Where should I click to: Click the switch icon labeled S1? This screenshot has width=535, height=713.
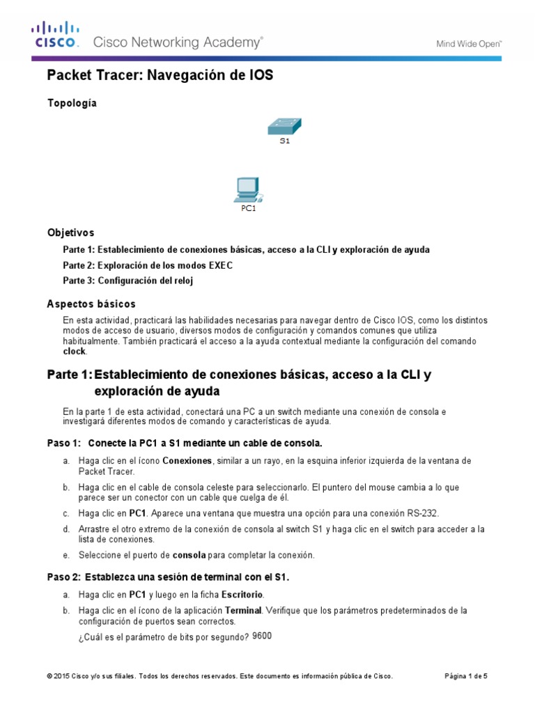click(284, 127)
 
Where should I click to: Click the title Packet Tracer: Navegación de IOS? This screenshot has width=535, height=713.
click(160, 75)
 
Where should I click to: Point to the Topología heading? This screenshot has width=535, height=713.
click(72, 103)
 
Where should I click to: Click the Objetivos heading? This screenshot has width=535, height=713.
click(70, 233)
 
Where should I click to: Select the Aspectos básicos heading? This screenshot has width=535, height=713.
click(91, 304)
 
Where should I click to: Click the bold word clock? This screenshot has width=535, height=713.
click(75, 352)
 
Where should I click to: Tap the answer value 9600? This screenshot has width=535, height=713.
click(262, 636)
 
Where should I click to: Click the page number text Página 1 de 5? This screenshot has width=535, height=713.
click(466, 676)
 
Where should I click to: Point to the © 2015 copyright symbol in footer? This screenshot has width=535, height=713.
click(49, 676)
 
